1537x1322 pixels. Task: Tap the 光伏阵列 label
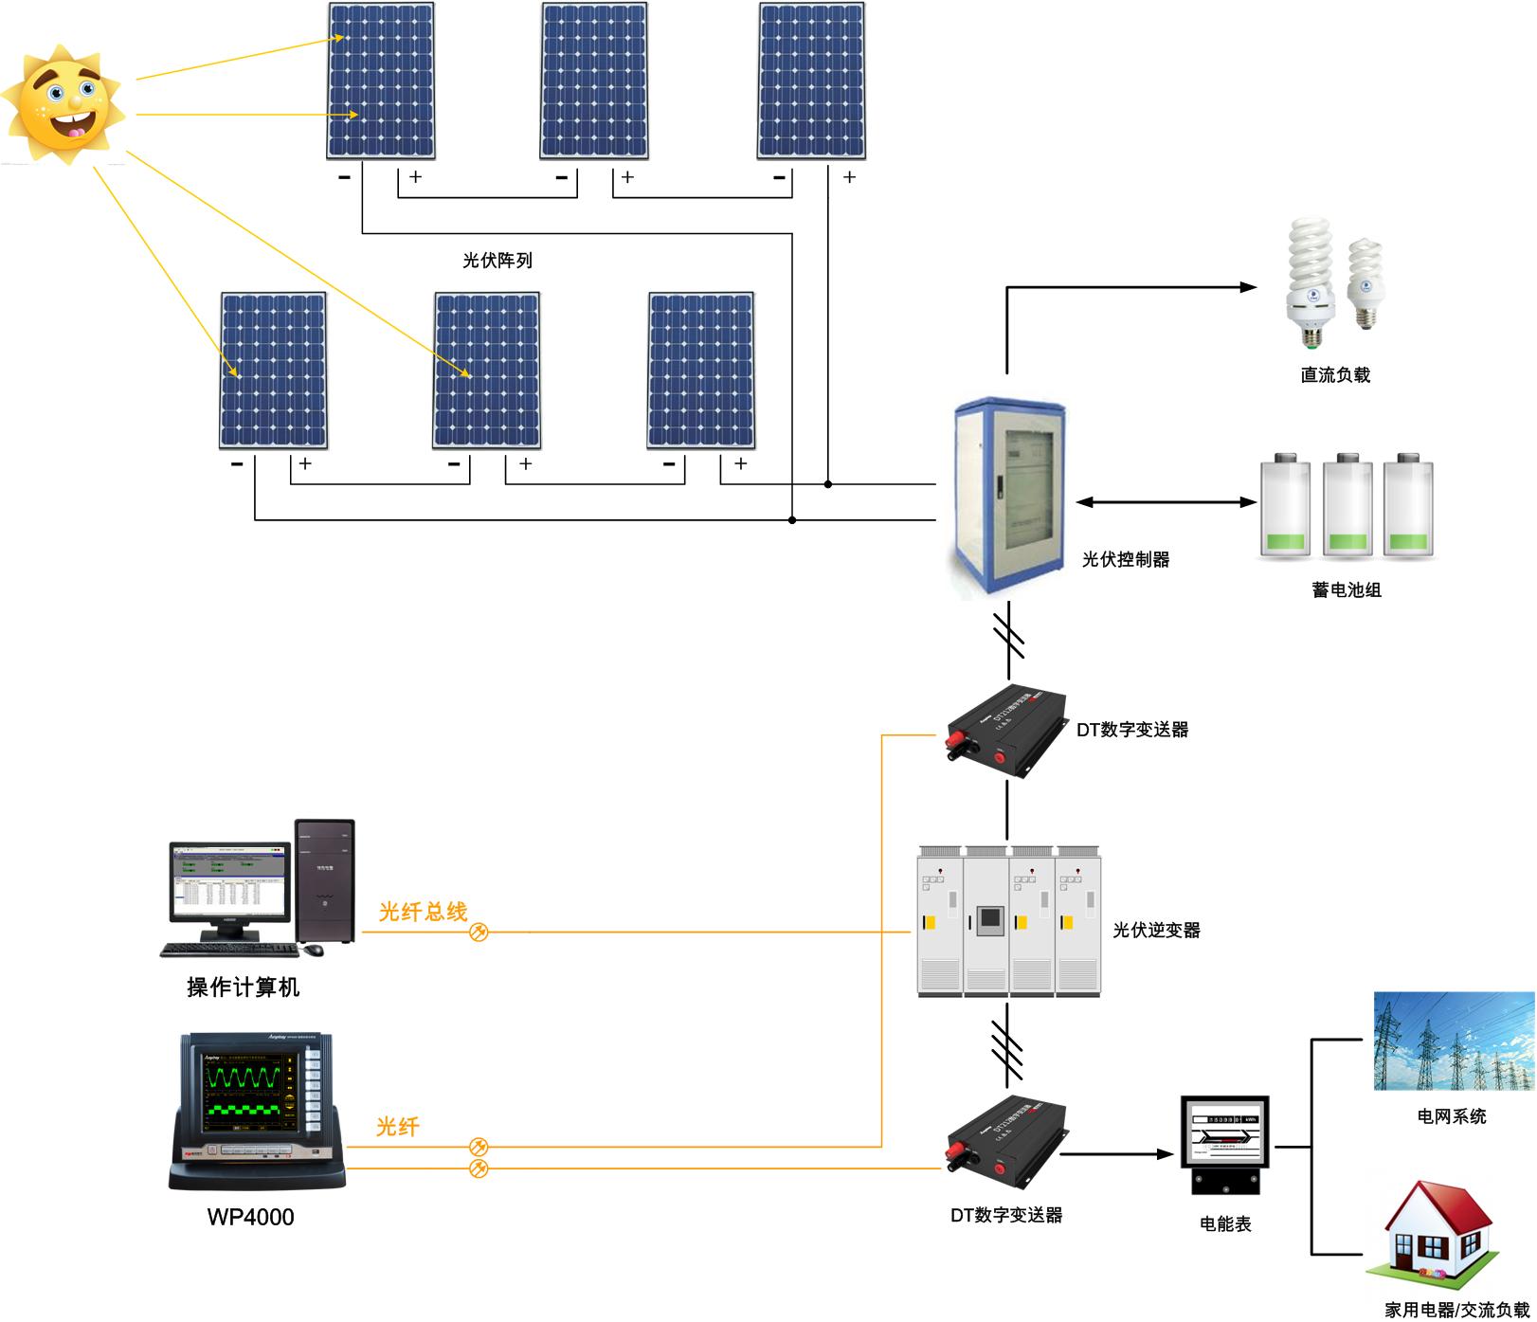pos(497,261)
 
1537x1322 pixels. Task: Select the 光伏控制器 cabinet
pos(1010,498)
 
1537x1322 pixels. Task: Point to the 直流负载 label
pos(1334,375)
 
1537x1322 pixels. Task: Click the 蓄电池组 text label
pos(1346,590)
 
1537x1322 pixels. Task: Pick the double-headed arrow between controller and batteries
pos(1166,502)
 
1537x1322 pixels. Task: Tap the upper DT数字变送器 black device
pos(1006,730)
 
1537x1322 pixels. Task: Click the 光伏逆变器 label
pos(1156,931)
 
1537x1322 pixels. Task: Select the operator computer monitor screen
pos(230,881)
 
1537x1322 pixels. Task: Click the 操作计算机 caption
pos(244,987)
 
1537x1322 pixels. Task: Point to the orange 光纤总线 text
pos(423,912)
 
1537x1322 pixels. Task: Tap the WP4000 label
pos(250,1217)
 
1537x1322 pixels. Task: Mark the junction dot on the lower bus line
pos(792,520)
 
